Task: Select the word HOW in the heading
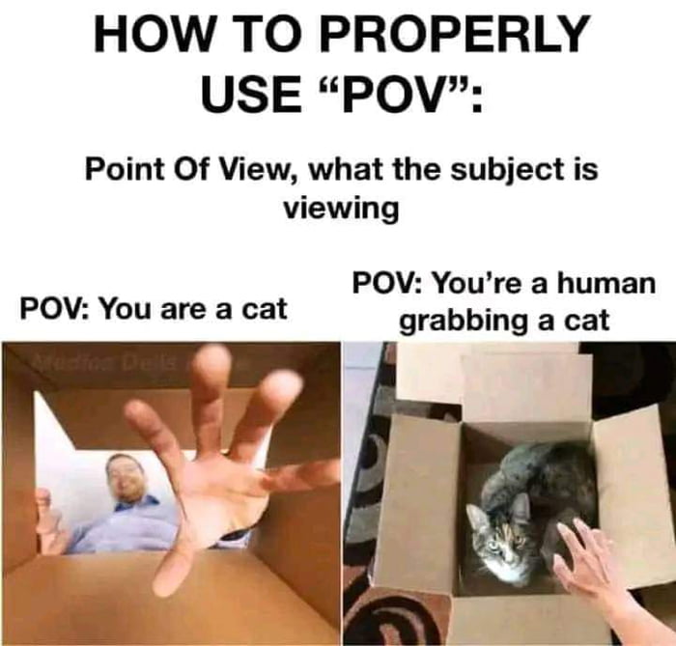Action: (x=145, y=36)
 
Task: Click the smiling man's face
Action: (x=127, y=478)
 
